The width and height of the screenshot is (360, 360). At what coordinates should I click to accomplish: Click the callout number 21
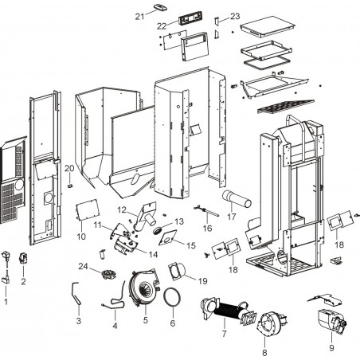tap(139, 17)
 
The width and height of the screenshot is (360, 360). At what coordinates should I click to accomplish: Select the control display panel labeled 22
tap(190, 19)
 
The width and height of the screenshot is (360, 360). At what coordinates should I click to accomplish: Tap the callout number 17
tap(232, 217)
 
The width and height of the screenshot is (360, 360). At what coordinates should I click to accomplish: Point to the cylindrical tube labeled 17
tap(237, 199)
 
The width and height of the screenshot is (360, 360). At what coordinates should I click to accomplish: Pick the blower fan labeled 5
tap(144, 289)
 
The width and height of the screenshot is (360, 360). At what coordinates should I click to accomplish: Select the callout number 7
tap(225, 334)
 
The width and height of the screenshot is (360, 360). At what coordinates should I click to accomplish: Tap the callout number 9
tap(331, 348)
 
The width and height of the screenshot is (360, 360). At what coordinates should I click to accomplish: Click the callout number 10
tap(81, 237)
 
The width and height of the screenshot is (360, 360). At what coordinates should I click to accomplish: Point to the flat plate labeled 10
tap(88, 210)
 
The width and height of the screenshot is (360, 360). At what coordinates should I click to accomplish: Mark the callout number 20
tap(69, 168)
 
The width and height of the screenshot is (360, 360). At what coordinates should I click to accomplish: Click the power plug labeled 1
tap(6, 267)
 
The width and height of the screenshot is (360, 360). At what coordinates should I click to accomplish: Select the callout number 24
tap(83, 266)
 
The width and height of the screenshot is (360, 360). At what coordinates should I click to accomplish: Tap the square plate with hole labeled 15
tap(168, 237)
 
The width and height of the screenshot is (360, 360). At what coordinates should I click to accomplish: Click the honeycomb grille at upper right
tap(286, 107)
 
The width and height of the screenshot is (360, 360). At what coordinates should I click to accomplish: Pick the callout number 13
tap(179, 221)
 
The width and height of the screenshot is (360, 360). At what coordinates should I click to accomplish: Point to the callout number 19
tap(203, 281)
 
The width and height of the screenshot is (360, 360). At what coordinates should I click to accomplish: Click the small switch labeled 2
tap(23, 258)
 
